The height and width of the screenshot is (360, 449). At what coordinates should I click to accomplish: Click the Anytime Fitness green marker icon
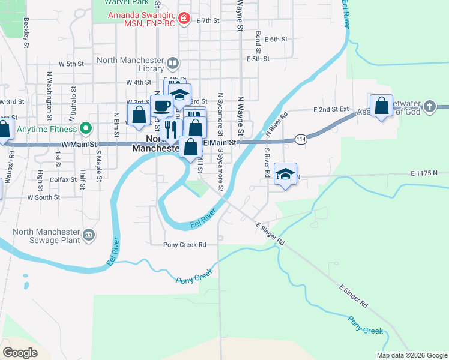click(85, 128)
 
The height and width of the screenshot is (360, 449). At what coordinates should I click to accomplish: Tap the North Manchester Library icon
click(173, 63)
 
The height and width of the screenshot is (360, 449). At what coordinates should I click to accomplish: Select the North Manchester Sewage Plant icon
click(89, 234)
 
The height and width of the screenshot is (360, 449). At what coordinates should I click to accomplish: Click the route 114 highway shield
click(301, 140)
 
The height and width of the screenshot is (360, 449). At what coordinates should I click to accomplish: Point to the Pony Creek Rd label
click(185, 245)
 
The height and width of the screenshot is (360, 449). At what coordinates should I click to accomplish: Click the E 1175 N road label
click(426, 173)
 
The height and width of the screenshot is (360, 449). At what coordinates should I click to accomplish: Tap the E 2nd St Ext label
click(331, 110)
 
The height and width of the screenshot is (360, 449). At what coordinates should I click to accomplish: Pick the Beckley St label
click(26, 32)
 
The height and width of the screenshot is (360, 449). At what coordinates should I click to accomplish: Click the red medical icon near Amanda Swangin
click(184, 19)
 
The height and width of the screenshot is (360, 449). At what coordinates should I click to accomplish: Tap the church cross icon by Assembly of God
click(429, 107)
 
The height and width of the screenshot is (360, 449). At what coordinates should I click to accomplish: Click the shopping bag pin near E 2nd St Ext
click(382, 106)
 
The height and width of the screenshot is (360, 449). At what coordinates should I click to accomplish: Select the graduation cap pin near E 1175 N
click(286, 174)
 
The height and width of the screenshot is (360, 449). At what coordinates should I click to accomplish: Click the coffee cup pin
click(160, 106)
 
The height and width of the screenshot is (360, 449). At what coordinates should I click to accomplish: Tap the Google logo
click(20, 353)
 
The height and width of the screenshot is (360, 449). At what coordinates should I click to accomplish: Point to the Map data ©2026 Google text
click(411, 355)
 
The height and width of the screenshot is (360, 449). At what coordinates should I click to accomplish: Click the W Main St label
click(78, 145)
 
